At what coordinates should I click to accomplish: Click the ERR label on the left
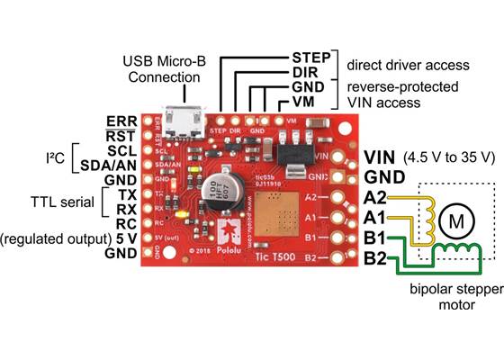121,121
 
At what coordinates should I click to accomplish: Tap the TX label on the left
125,193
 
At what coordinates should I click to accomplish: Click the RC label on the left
125,223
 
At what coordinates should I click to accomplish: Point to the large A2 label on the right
377,198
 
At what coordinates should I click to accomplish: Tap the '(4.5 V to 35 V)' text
451,157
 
